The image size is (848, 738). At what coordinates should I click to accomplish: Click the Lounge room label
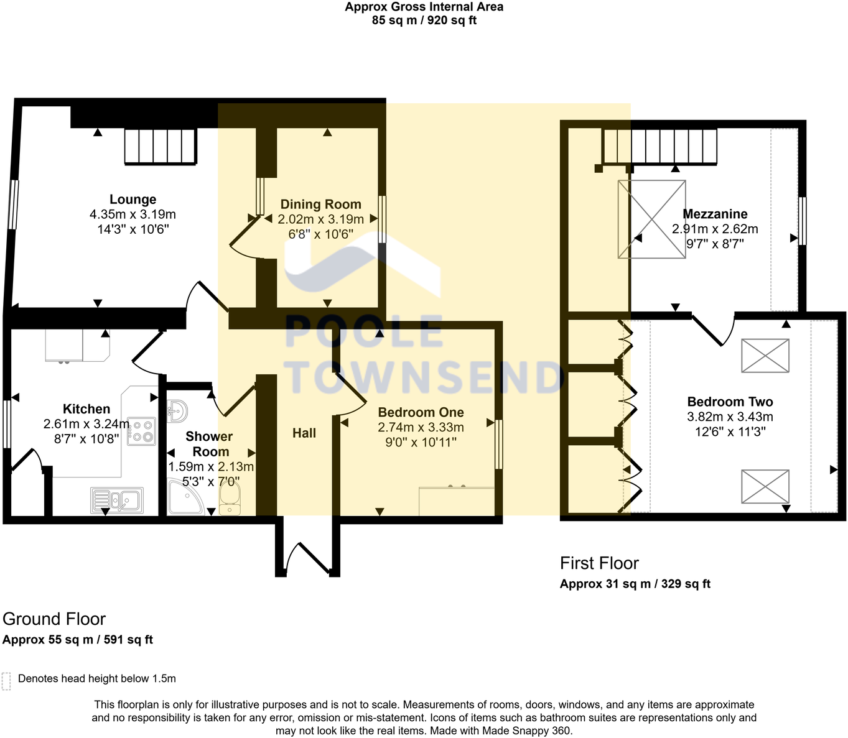tap(133, 200)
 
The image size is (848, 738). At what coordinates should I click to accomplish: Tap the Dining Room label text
tap(320, 204)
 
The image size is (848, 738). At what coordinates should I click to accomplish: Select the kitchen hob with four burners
tap(141, 431)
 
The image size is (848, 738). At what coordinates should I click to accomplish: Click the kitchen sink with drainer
tap(117, 500)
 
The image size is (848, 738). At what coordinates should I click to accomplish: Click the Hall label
tap(304, 433)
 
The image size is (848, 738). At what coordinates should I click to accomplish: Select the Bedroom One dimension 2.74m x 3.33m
tap(421, 427)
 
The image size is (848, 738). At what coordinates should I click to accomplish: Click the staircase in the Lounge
tap(161, 146)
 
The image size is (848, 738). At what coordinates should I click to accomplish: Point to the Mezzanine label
tap(715, 214)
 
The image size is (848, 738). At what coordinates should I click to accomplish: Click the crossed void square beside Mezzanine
tap(651, 219)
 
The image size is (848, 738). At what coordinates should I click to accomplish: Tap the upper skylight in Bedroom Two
tap(765, 356)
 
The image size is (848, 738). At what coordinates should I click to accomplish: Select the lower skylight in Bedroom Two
tap(765, 486)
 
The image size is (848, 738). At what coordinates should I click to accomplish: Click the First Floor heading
tap(599, 563)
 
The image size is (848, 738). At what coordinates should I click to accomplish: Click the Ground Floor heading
tap(54, 619)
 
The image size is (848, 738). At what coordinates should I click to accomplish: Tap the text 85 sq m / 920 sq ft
tap(424, 20)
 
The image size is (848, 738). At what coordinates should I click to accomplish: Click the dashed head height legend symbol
tap(6, 681)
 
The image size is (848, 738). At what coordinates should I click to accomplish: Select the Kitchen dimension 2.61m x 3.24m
tap(86, 424)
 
